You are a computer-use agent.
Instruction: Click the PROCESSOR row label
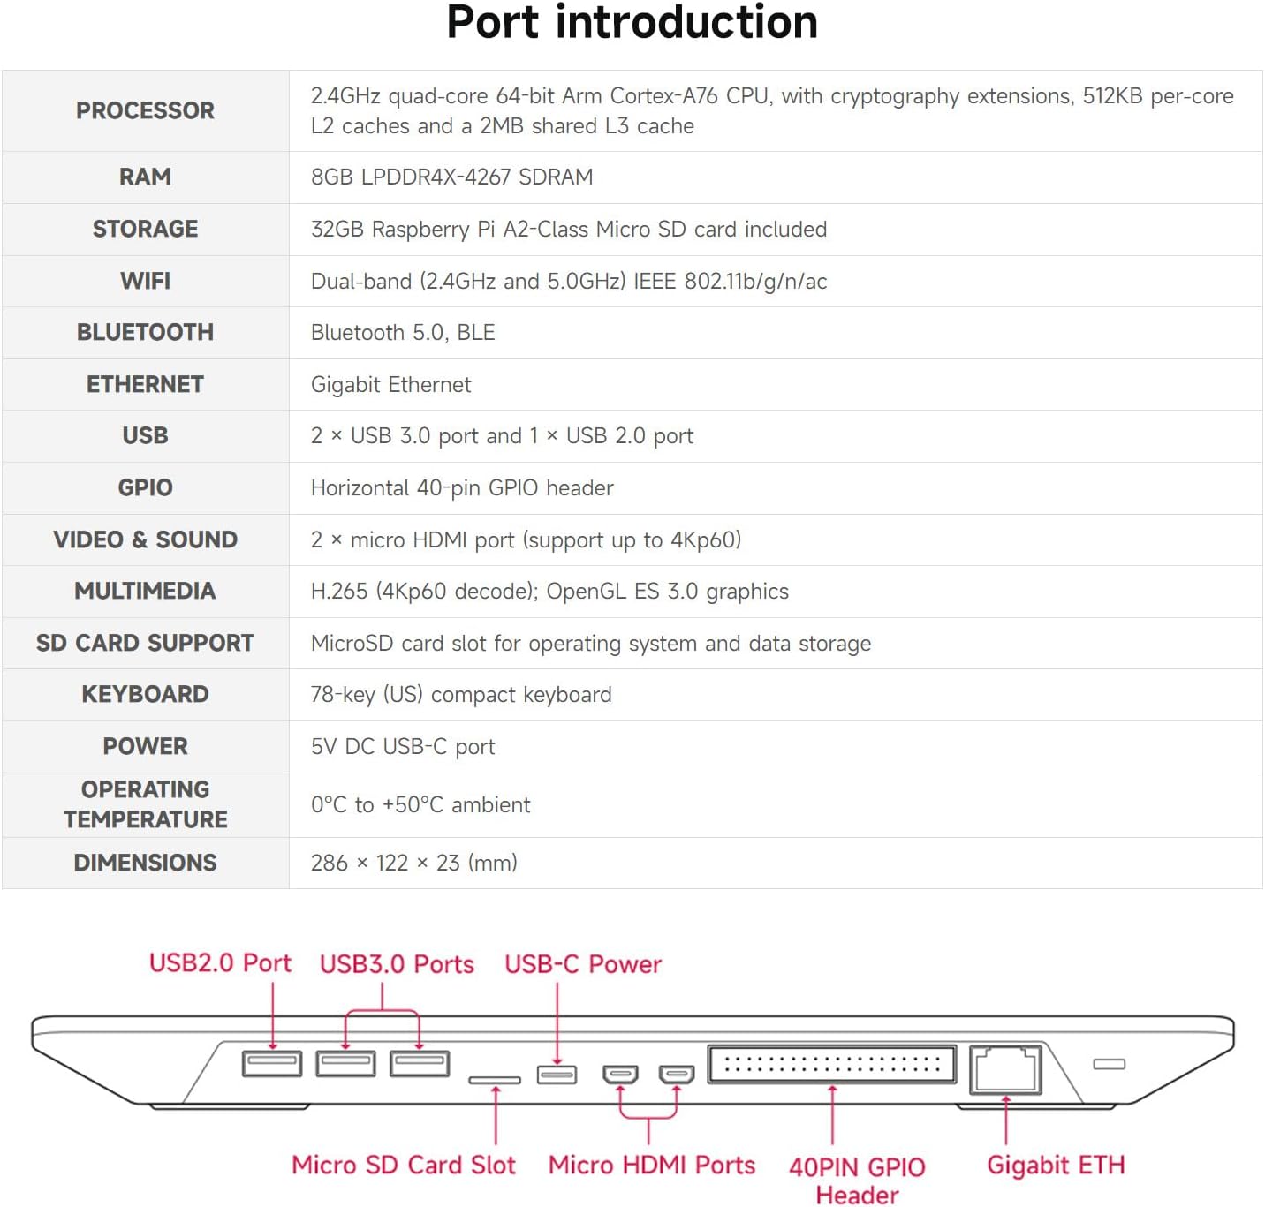click(x=145, y=110)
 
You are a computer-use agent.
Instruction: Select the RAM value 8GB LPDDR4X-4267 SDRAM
click(x=451, y=177)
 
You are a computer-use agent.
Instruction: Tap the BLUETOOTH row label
click(x=145, y=332)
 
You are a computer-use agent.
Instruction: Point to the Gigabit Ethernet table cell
click(x=391, y=385)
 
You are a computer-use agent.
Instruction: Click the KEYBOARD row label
click(x=145, y=694)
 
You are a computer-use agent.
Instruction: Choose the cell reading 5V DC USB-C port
click(x=403, y=746)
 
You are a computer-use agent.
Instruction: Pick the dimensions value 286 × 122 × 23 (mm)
click(x=413, y=863)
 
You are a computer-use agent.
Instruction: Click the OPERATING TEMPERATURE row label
click(x=145, y=804)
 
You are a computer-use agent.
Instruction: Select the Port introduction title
click(x=632, y=23)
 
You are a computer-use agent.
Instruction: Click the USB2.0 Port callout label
click(x=220, y=963)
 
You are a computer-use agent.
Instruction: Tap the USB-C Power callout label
click(x=582, y=964)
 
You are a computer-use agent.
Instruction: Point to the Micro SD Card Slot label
click(x=404, y=1166)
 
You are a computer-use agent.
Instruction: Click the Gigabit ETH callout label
click(x=1056, y=1166)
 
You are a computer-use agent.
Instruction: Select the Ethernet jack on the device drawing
click(x=1005, y=1069)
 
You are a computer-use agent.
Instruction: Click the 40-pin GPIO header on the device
click(x=831, y=1065)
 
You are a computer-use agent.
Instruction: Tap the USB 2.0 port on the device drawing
click(x=272, y=1064)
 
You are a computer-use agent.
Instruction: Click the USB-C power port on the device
click(x=557, y=1075)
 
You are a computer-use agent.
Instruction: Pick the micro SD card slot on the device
click(x=494, y=1080)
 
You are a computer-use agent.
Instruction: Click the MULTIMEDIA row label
click(x=145, y=591)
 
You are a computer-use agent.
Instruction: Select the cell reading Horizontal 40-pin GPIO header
click(x=462, y=488)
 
